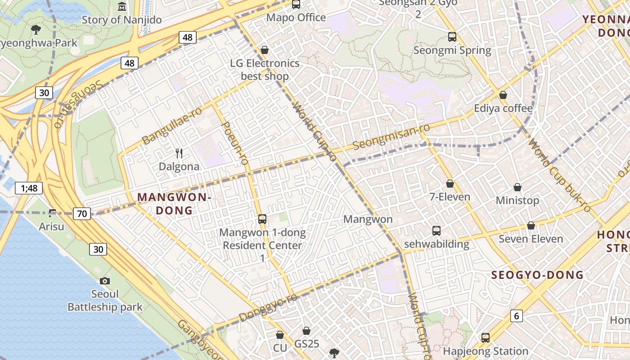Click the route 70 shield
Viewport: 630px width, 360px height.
click(x=82, y=214)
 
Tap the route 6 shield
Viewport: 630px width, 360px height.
click(x=517, y=316)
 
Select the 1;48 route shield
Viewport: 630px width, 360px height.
click(x=29, y=188)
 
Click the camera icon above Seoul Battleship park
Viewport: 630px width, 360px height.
click(x=105, y=281)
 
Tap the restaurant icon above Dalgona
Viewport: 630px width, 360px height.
click(x=179, y=153)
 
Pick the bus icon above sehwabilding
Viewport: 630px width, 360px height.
click(x=436, y=231)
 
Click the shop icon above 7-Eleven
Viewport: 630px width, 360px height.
click(x=450, y=184)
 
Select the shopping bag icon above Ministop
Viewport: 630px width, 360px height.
click(x=517, y=187)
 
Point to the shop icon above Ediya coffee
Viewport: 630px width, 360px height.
click(x=503, y=95)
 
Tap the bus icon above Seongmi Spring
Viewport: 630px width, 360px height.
click(x=452, y=37)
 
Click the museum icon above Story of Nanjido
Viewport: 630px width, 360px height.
click(x=122, y=7)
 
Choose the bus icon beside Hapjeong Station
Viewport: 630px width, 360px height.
click(x=485, y=338)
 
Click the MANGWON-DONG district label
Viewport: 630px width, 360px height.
click(x=174, y=203)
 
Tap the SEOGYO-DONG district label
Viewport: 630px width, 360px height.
click(x=537, y=275)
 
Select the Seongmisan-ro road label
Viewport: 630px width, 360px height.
click(x=391, y=137)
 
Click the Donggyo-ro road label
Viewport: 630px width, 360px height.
click(x=268, y=307)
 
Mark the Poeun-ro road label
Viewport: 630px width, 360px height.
click(x=235, y=143)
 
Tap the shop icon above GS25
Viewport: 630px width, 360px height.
click(x=306, y=331)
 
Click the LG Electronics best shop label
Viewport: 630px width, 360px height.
click(x=265, y=69)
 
